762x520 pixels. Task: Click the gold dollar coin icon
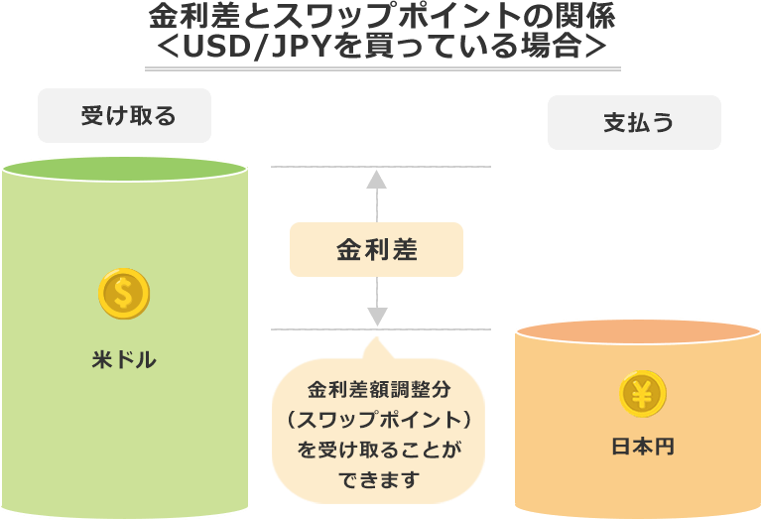click(124, 295)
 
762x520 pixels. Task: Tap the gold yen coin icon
click(642, 393)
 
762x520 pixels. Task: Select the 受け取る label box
click(125, 116)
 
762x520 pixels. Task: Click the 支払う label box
click(634, 122)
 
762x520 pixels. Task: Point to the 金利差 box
click(376, 249)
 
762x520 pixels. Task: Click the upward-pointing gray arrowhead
click(377, 179)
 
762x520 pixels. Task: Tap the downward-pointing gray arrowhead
click(377, 317)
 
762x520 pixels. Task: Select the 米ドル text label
click(124, 360)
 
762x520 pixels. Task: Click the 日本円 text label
click(642, 448)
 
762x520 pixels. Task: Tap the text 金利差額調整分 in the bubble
click(380, 389)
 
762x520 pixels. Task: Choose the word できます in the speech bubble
click(380, 480)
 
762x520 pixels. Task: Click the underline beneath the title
click(382, 68)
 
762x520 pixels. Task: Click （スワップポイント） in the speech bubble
click(380, 419)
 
